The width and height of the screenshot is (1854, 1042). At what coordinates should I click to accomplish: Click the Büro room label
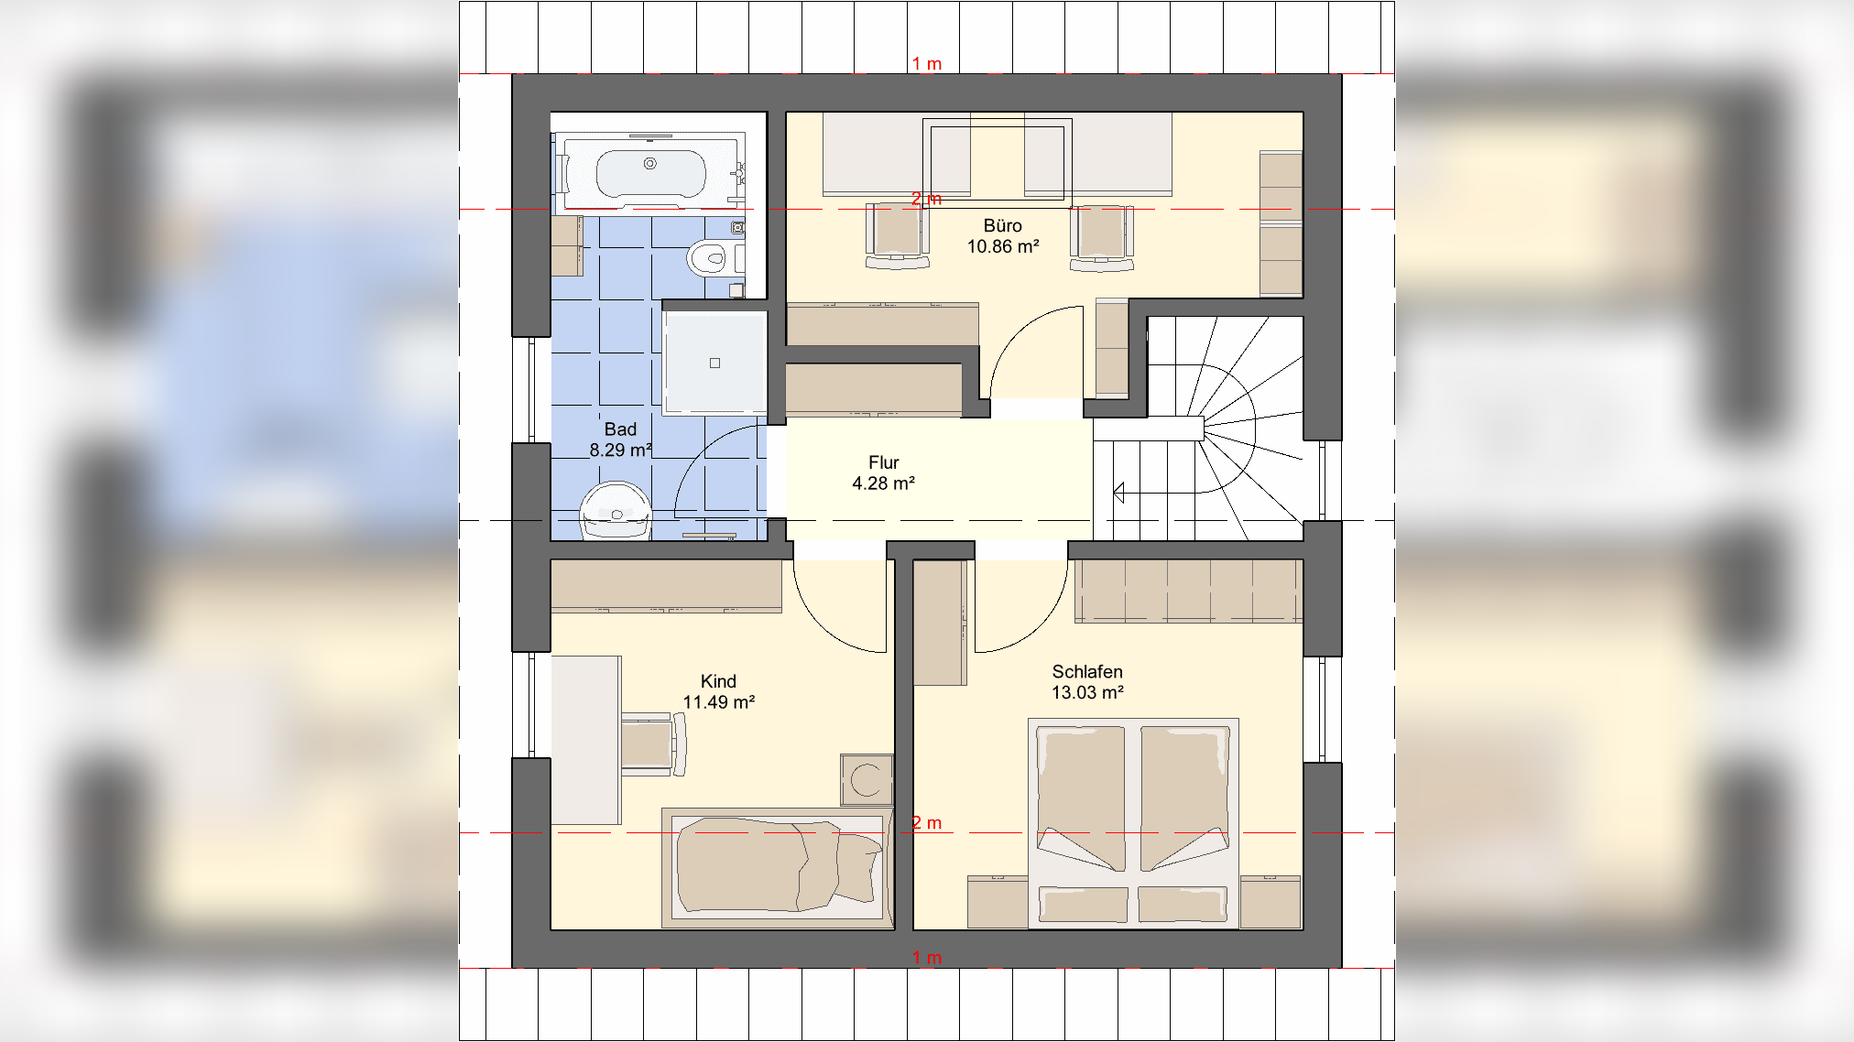pyautogui.click(x=1002, y=225)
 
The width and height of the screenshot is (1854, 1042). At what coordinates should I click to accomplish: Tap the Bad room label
pyautogui.click(x=620, y=429)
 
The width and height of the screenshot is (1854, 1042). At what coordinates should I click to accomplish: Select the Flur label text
pyautogui.click(x=883, y=462)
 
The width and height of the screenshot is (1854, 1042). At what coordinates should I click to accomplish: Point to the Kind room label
pyautogui.click(x=718, y=681)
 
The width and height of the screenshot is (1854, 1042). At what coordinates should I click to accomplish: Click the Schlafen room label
pyautogui.click(x=1087, y=671)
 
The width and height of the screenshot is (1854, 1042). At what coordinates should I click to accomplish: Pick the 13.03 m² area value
pyautogui.click(x=1087, y=692)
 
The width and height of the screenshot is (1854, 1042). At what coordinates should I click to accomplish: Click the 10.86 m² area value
pyautogui.click(x=1003, y=246)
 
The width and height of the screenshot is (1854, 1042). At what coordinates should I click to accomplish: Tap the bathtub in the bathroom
pyautogui.click(x=650, y=170)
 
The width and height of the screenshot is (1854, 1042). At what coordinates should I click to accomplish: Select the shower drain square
pyautogui.click(x=714, y=363)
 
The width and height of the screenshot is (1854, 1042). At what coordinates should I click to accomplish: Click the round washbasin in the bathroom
pyautogui.click(x=616, y=511)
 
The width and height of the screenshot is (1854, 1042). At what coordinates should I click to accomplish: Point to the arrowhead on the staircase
pyautogui.click(x=1118, y=493)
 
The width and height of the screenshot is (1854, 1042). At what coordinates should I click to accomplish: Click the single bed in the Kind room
pyautogui.click(x=778, y=867)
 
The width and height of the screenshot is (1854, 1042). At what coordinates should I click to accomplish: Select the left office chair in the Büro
pyautogui.click(x=898, y=236)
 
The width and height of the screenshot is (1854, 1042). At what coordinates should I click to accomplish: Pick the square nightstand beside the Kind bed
pyautogui.click(x=867, y=780)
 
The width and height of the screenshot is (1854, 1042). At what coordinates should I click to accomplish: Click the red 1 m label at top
pyautogui.click(x=927, y=64)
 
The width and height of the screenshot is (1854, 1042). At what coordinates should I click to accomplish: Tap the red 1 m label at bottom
pyautogui.click(x=927, y=958)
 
